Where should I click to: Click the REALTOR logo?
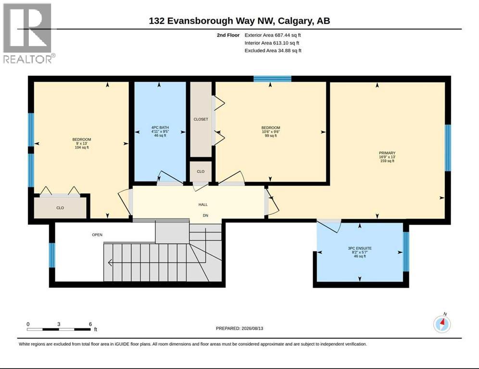[29, 33]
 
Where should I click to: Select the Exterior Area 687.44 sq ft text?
[273, 35]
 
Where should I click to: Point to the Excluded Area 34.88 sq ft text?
[273, 50]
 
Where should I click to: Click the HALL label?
[203, 205]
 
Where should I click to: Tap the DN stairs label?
[205, 215]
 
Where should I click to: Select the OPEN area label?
[97, 234]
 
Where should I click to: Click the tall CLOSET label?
[201, 119]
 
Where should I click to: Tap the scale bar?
[59, 329]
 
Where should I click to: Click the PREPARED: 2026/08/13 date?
[239, 329]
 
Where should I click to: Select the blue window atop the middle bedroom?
[273, 79]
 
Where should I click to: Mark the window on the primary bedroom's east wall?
[448, 148]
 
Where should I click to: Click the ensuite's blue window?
[406, 251]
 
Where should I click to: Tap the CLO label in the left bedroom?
[60, 208]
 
